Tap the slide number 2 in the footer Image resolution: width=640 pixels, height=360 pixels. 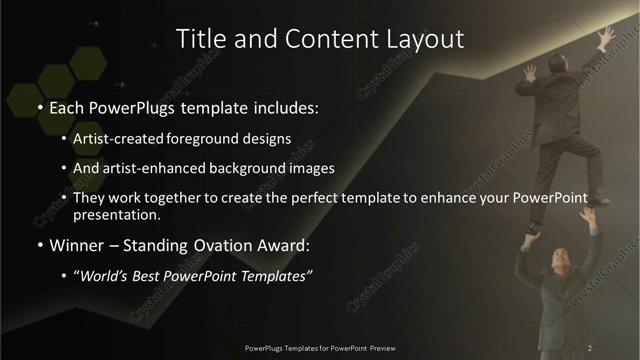(590, 348)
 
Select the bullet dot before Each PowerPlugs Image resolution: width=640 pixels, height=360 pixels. (39, 105)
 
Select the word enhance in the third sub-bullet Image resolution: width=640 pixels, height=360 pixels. (450, 198)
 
